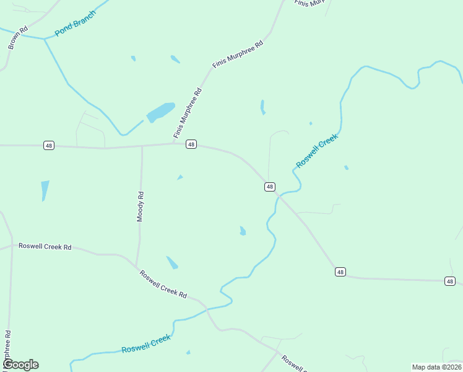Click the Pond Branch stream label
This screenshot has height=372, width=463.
point(76,23)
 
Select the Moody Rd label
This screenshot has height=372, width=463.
point(141,206)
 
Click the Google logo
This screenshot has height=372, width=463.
point(20,364)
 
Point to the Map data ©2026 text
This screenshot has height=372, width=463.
point(436,367)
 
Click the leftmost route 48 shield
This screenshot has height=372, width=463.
point(49,145)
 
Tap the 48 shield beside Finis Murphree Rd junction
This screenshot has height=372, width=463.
point(191,144)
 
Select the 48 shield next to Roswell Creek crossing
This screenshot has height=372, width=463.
point(270,187)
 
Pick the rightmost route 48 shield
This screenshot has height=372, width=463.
point(450,281)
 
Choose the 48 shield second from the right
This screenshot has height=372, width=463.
point(340,272)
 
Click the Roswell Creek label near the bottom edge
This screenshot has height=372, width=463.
point(145,344)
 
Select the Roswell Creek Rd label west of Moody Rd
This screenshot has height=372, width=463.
point(45,246)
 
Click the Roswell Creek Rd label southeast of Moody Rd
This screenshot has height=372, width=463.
point(163,283)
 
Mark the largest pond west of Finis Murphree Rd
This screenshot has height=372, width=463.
point(160,112)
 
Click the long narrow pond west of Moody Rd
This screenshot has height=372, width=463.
point(45,190)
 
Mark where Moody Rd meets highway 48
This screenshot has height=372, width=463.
point(142,146)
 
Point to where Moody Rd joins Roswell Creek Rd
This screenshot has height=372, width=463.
point(136,267)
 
